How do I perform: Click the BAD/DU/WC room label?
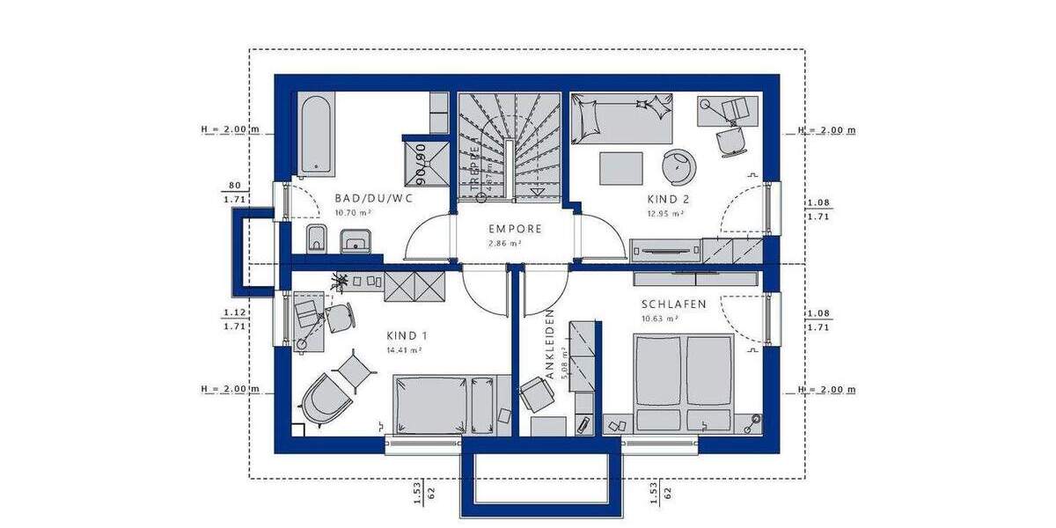373,198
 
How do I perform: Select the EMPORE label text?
516,228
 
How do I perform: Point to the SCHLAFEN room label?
673,304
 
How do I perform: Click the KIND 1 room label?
407,335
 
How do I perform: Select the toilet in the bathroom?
318,238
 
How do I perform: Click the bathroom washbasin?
356,239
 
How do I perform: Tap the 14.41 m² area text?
404,350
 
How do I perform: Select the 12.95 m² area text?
664,213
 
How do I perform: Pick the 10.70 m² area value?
352,213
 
